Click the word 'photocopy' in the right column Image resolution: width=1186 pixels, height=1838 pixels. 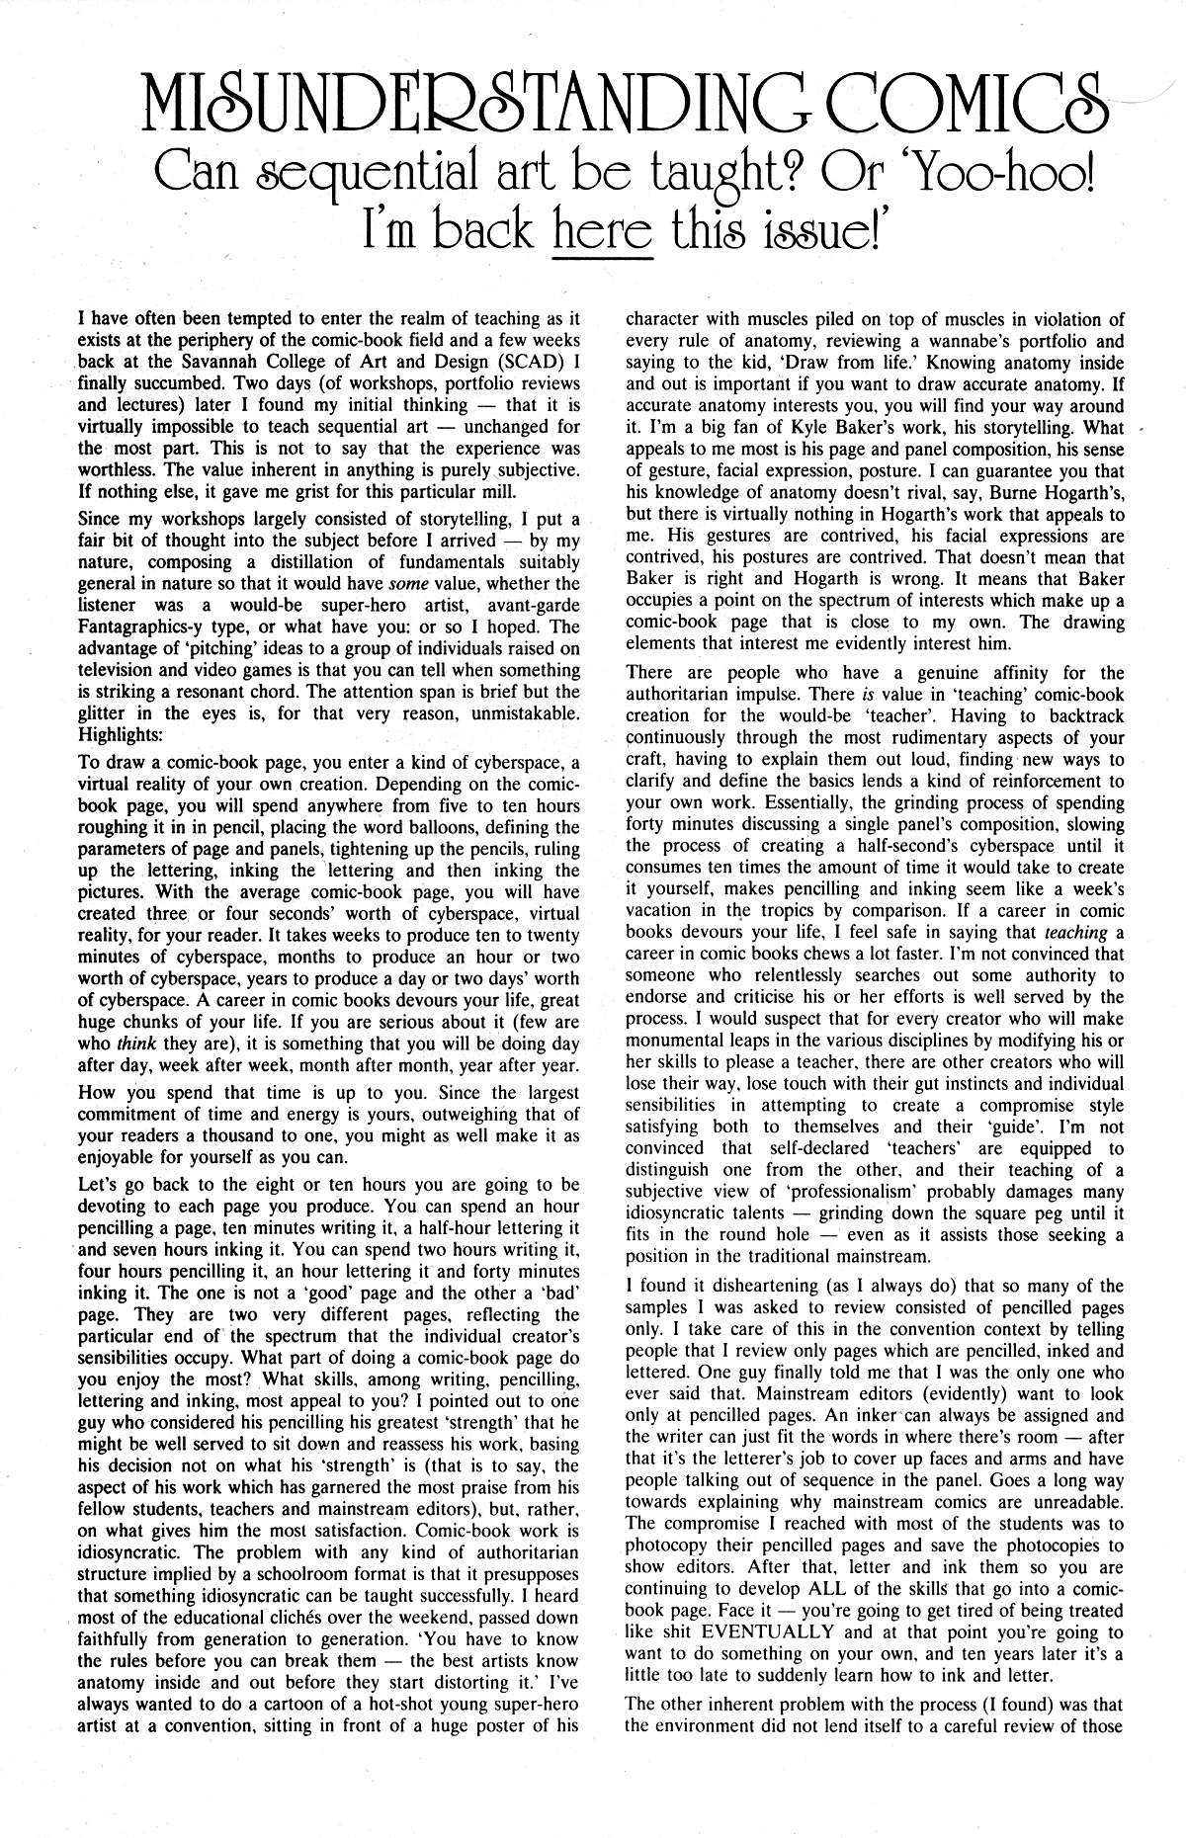(668, 1545)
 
